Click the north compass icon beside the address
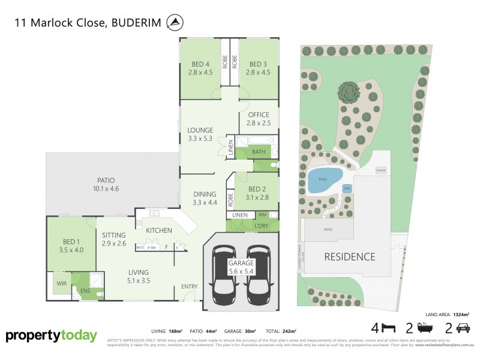coord(175,23)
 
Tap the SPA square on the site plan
coord(347,188)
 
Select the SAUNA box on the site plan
coord(380,170)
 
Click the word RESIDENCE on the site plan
coord(350,257)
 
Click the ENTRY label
coord(189,287)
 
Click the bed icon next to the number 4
coord(389,328)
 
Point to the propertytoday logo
coord(51,336)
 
